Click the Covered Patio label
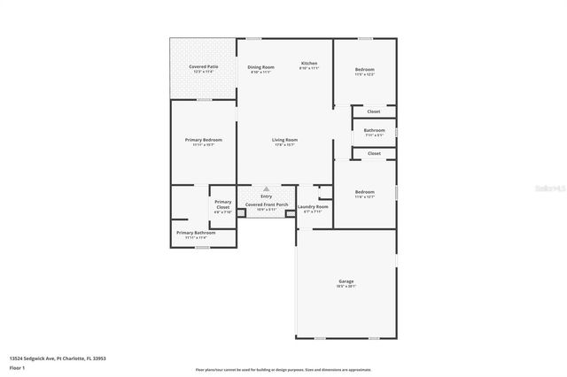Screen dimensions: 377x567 (204, 67)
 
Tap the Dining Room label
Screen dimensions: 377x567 (260, 67)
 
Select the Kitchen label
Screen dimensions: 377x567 (308, 64)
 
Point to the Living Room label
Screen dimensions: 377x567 (284, 140)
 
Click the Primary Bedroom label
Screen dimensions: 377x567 (204, 140)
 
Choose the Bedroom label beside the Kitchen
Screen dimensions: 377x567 (365, 69)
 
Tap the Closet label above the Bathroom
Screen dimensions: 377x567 (374, 112)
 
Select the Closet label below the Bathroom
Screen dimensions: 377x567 (374, 153)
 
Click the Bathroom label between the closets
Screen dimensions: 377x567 (374, 130)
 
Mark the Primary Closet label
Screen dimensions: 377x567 (222, 204)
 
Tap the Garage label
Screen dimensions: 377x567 (346, 281)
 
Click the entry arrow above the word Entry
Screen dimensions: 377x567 (266, 188)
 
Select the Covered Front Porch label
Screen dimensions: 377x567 (267, 204)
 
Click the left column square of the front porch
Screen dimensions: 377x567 (241, 213)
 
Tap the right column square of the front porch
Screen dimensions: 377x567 (291, 213)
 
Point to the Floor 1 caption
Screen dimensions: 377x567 (16, 367)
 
